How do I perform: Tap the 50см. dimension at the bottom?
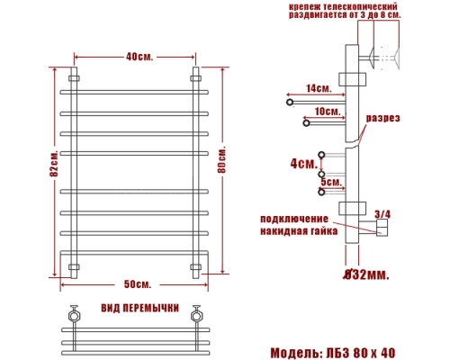pos(138,284)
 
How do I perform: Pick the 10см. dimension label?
pos(328,112)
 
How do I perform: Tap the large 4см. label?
pos(303,165)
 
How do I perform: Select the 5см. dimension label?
pos(331,182)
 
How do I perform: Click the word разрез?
pos(382,119)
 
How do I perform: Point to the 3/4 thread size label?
pos(382,213)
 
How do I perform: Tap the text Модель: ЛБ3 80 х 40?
pos(332,352)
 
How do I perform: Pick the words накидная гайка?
pos(299,231)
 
